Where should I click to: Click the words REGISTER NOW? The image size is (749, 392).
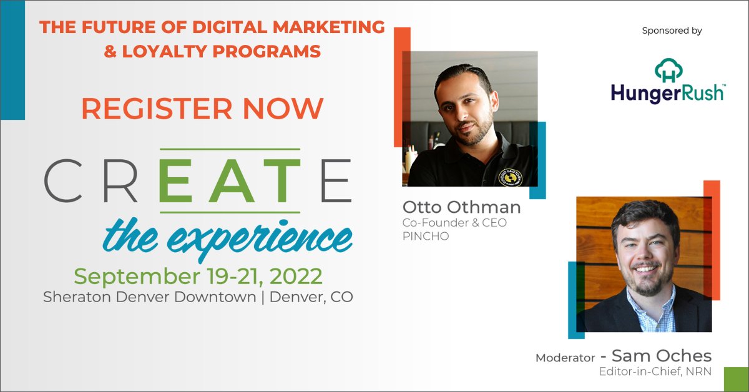tap(202, 108)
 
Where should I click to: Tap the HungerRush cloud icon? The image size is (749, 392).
tap(668, 69)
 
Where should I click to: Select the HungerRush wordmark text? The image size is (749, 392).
tap(667, 93)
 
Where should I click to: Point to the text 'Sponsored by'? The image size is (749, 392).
tap(672, 30)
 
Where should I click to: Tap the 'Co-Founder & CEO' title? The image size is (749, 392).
tap(454, 223)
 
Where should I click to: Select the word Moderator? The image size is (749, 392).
tap(565, 358)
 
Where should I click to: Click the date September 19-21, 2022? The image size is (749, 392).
tap(198, 275)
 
